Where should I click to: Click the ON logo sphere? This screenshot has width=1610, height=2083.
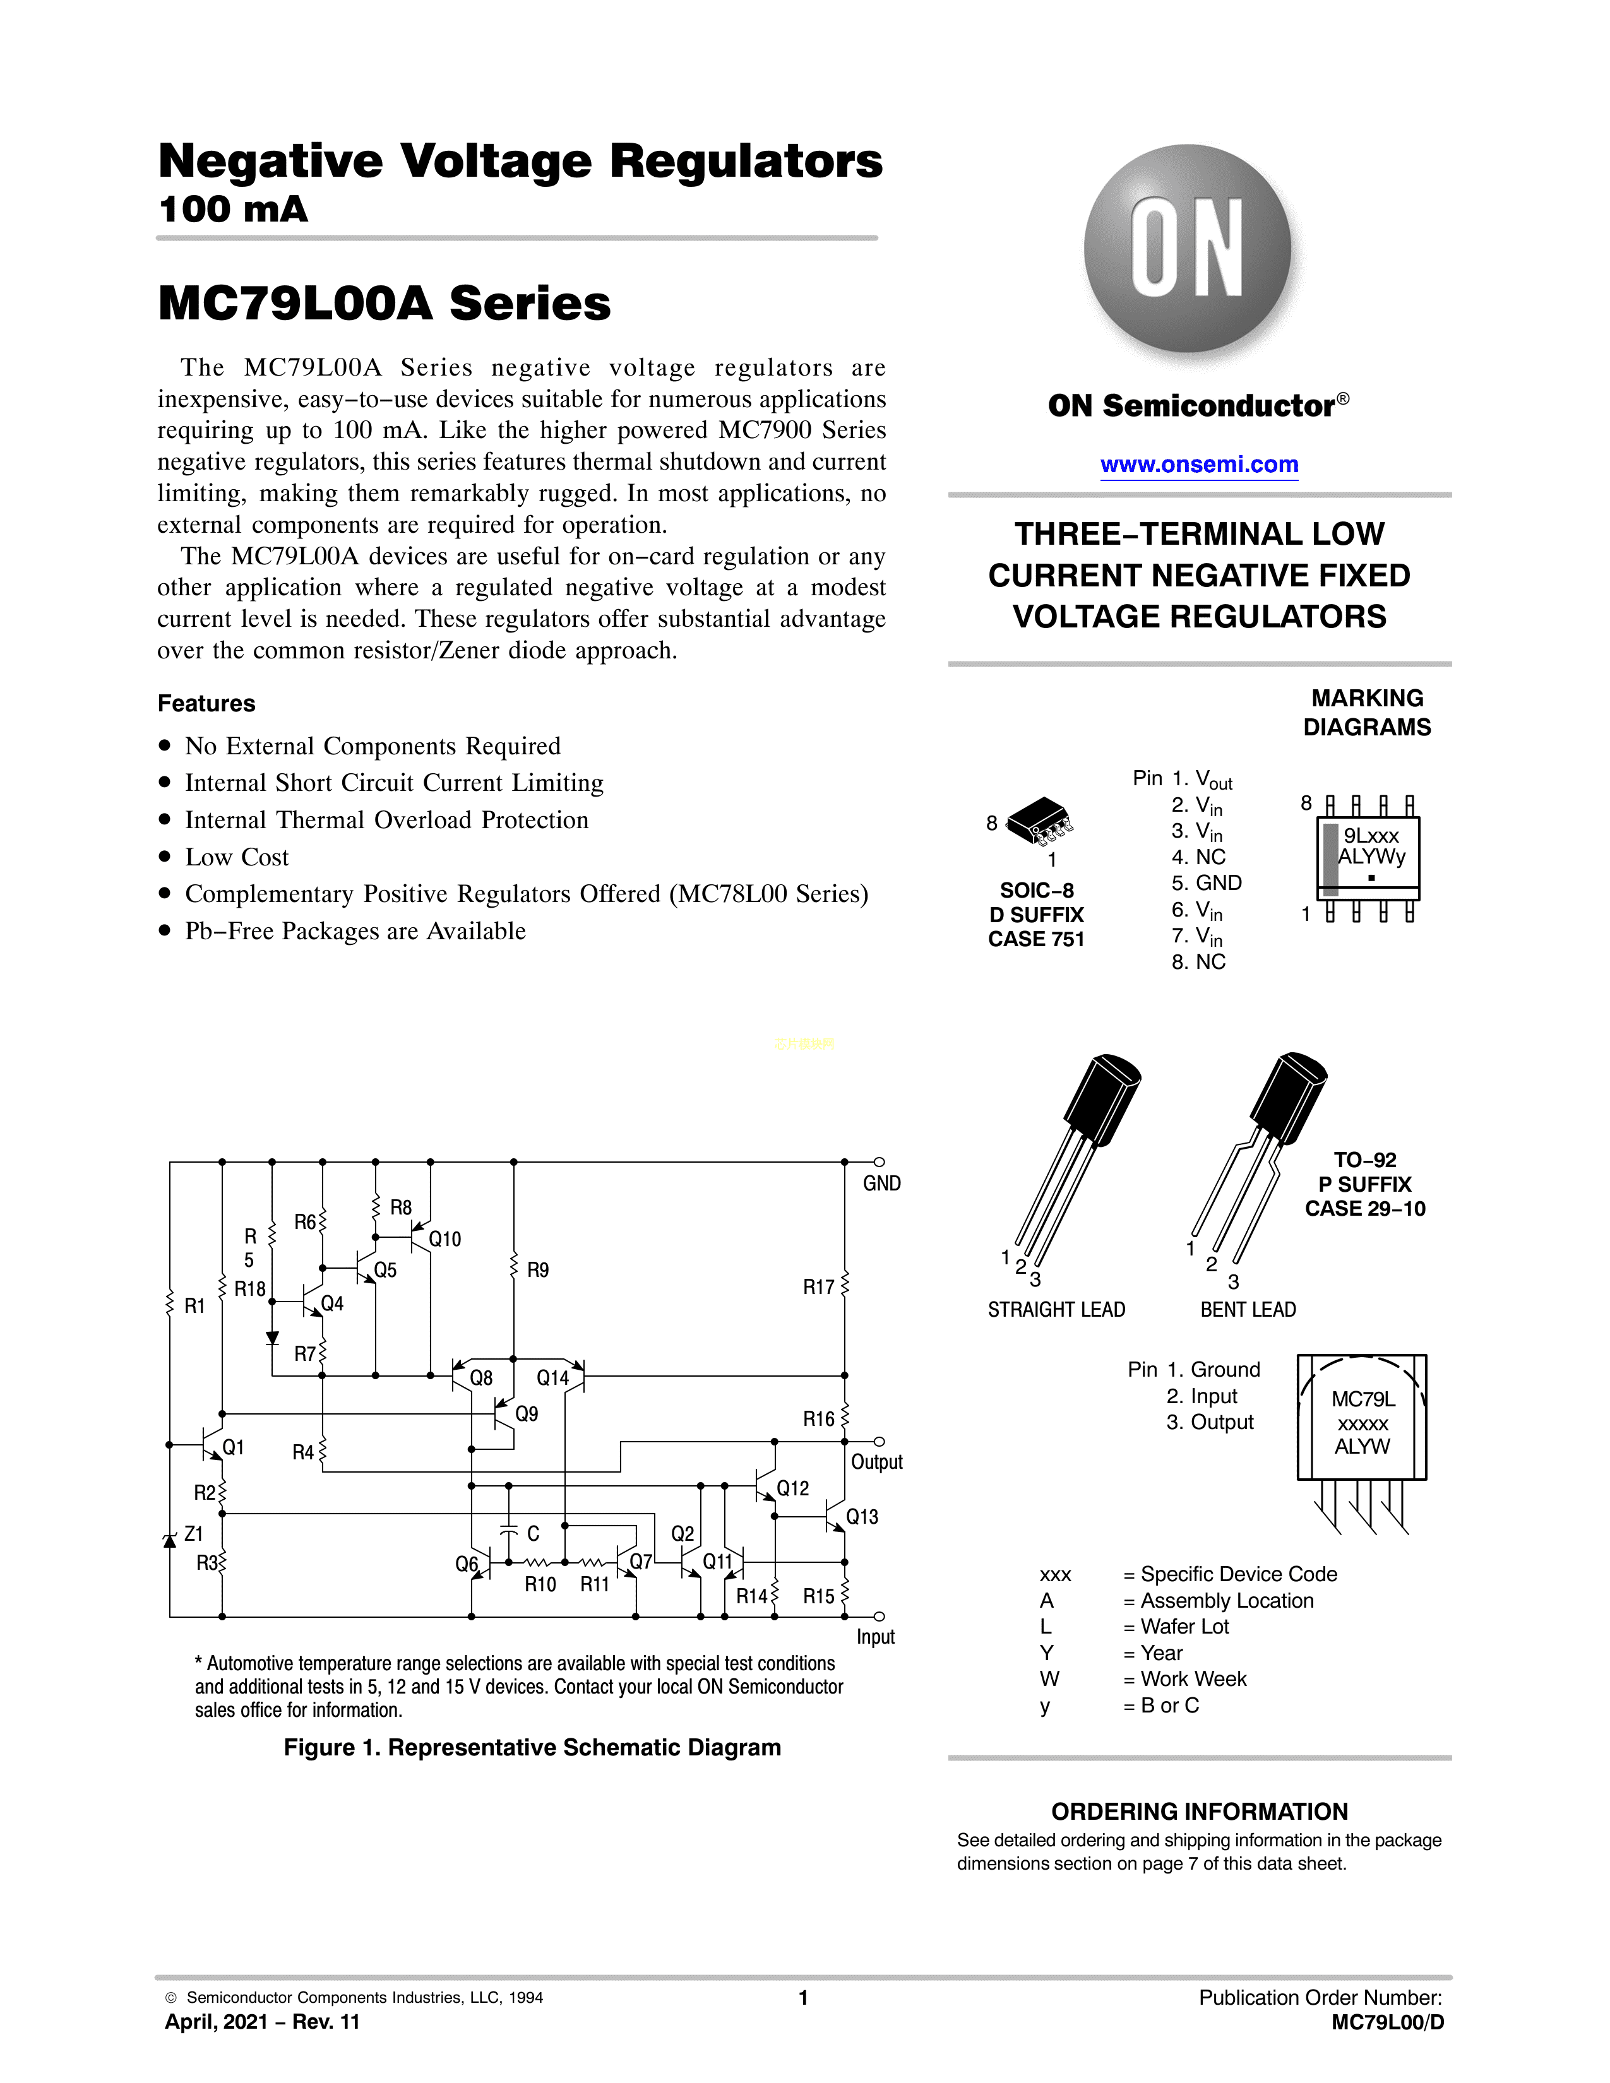(x=1188, y=248)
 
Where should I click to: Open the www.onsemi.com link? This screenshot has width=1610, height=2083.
(x=1199, y=465)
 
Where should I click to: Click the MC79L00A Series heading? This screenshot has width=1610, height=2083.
(x=385, y=303)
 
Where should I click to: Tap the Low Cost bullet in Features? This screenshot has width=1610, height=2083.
(x=237, y=857)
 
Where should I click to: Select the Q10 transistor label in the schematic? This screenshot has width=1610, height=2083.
(x=444, y=1239)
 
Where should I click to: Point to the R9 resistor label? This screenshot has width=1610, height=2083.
(x=538, y=1271)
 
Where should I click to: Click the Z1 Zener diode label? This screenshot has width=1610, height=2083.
(x=194, y=1534)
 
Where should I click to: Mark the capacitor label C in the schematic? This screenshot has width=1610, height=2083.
(x=533, y=1534)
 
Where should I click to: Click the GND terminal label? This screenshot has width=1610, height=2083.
(x=881, y=1184)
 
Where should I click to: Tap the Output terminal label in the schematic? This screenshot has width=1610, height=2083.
(x=876, y=1462)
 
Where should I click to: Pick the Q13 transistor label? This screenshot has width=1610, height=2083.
(x=862, y=1516)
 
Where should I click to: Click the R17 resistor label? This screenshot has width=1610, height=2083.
(x=818, y=1288)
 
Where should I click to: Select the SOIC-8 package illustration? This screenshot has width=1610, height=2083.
(x=1040, y=820)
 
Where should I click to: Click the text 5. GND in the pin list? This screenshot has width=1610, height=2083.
(x=1207, y=883)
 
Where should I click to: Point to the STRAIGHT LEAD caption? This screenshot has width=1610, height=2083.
(x=1056, y=1310)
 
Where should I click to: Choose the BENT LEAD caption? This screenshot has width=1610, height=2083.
(x=1248, y=1310)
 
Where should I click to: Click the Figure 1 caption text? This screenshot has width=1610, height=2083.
(x=532, y=1747)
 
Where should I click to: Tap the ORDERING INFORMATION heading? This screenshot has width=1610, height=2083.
(x=1199, y=1811)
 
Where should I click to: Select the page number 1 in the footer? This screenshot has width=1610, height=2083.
(x=803, y=1997)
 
